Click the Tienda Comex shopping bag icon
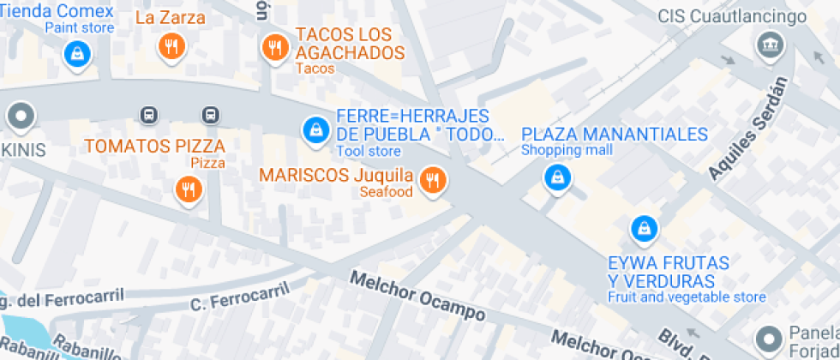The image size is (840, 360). pyautogui.click(x=78, y=55)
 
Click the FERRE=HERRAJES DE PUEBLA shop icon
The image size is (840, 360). pyautogui.click(x=315, y=129)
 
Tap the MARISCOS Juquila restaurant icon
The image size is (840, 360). pyautogui.click(x=434, y=179)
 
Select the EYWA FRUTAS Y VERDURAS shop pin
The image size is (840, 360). pyautogui.click(x=643, y=228)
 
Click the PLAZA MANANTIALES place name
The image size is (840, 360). pyautogui.click(x=615, y=135)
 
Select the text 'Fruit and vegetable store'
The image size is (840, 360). pyautogui.click(x=687, y=297)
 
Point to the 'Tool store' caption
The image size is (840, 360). pyautogui.click(x=368, y=152)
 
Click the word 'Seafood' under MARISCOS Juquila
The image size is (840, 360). pyautogui.click(x=387, y=192)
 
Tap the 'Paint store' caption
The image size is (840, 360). pyautogui.click(x=79, y=27)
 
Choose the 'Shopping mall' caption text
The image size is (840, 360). pyautogui.click(x=567, y=151)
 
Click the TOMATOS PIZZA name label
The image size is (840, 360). pyautogui.click(x=154, y=146)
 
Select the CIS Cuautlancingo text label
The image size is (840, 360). pyautogui.click(x=744, y=17)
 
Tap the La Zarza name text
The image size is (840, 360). pyautogui.click(x=171, y=17)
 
